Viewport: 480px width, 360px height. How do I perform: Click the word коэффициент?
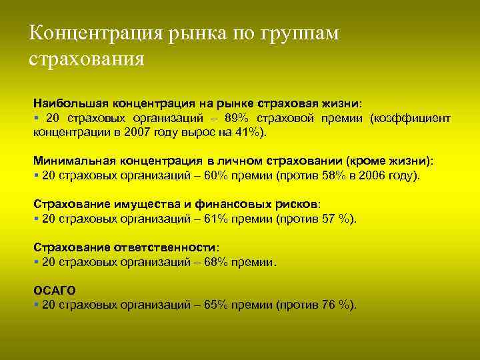(415, 118)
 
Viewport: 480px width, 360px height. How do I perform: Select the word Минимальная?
(73, 161)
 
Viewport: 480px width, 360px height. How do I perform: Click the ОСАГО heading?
(55, 291)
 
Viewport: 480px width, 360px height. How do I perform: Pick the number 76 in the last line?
(328, 305)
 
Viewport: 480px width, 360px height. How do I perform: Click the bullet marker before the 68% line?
(35, 262)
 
